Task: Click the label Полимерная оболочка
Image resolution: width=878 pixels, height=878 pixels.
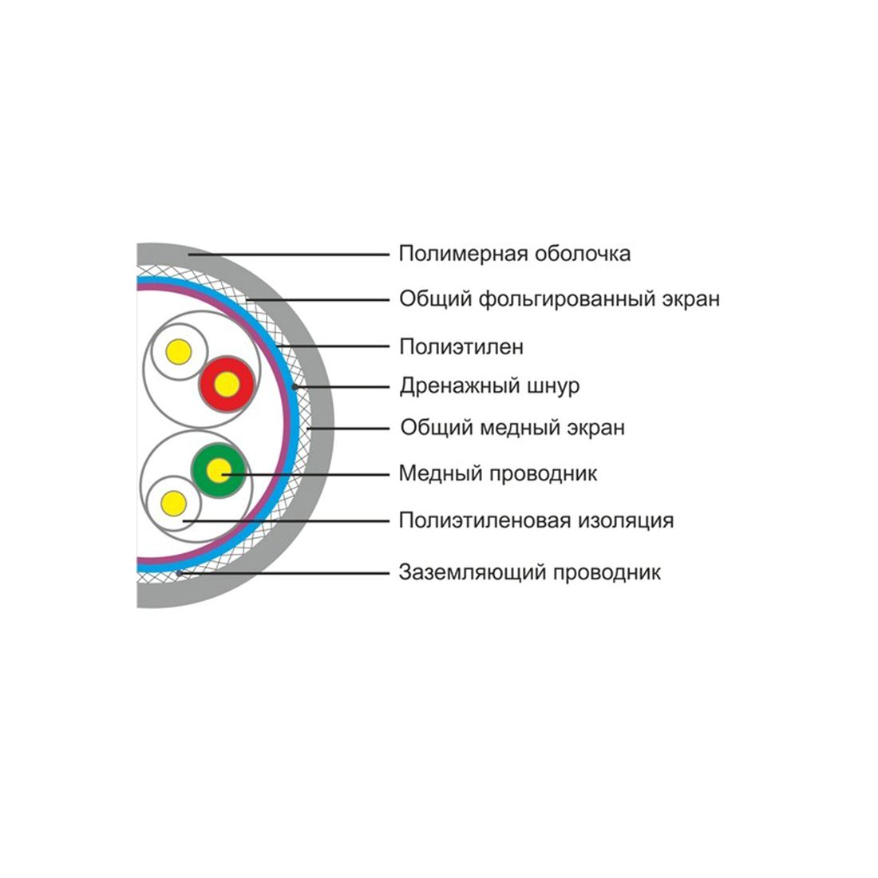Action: [x=515, y=254]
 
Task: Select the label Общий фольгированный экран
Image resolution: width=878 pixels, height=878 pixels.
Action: [x=560, y=299]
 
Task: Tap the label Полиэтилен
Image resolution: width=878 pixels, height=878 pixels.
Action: [x=461, y=347]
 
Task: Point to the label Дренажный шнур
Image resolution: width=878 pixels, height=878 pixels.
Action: [x=489, y=386]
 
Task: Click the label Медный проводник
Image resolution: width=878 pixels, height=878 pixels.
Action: [x=498, y=474]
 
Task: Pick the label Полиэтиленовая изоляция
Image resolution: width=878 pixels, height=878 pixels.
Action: [x=536, y=521]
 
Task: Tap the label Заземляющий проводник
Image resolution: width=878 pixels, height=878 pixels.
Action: [x=530, y=572]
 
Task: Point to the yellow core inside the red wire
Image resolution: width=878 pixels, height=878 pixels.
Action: [x=227, y=384]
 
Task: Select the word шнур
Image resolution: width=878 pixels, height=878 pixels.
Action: [x=551, y=387]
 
